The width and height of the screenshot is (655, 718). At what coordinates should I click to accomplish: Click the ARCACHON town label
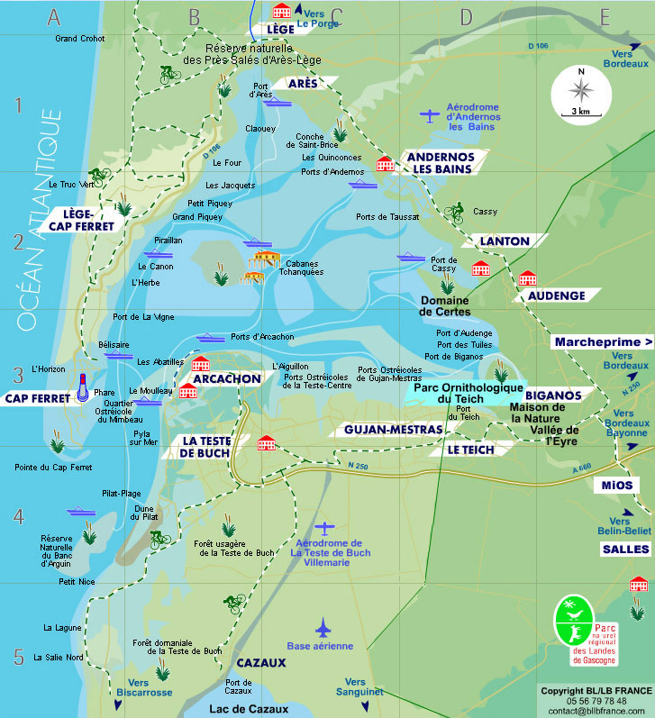[226, 379]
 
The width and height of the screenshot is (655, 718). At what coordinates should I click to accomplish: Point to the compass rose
[581, 87]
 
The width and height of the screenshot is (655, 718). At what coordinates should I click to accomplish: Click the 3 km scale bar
[581, 112]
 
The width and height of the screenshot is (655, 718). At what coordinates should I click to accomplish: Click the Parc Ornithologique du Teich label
[461, 393]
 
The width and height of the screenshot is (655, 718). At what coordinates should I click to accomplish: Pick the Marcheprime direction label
[603, 342]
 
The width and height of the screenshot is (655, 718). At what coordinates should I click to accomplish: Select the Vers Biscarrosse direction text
[138, 687]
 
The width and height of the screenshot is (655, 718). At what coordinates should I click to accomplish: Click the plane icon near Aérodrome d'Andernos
[431, 114]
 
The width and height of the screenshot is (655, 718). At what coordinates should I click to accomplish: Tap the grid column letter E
[604, 14]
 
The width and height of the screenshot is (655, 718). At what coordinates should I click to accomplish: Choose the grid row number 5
[18, 657]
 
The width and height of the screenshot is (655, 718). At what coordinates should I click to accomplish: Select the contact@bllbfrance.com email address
[598, 711]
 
